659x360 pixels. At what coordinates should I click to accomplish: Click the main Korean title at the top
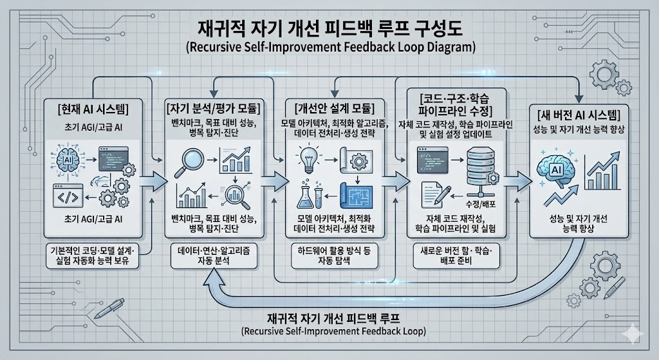[x=330, y=28]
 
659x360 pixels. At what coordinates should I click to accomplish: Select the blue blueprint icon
[x=359, y=194]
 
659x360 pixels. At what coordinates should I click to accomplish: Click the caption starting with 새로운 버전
[x=454, y=257]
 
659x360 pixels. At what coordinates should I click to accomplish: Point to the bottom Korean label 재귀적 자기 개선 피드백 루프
[x=330, y=319]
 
